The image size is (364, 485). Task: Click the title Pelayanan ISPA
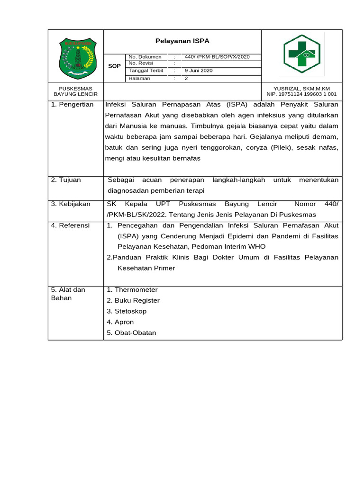pyautogui.click(x=182, y=41)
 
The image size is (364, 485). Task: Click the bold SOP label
pyautogui.click(x=114, y=66)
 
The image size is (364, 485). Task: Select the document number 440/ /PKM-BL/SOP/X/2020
pyautogui.click(x=217, y=57)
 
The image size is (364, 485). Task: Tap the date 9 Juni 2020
pyautogui.click(x=199, y=71)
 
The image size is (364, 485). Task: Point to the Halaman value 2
pyautogui.click(x=186, y=79)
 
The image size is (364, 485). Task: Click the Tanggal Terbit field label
pyautogui.click(x=146, y=71)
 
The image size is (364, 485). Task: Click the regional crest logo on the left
pyautogui.click(x=76, y=58)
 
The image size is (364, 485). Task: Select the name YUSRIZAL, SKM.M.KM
pyautogui.click(x=301, y=89)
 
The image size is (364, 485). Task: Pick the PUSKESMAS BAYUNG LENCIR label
pyautogui.click(x=75, y=91)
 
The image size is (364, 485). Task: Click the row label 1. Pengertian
pyautogui.click(x=72, y=104)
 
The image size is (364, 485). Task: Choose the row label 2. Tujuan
pyautogui.click(x=66, y=180)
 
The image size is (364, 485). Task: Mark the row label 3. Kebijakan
pyautogui.click(x=71, y=204)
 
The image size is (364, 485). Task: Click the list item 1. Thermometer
pyautogui.click(x=132, y=290)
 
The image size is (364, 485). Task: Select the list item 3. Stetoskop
pyautogui.click(x=127, y=311)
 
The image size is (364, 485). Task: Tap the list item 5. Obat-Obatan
pyautogui.click(x=131, y=333)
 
